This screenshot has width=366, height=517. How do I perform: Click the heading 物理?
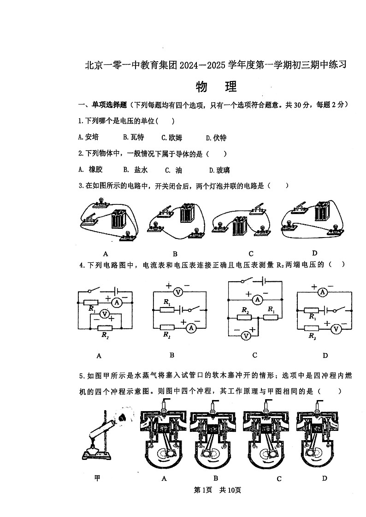tap(216, 87)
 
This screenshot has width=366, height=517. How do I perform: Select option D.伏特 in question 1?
tap(216, 137)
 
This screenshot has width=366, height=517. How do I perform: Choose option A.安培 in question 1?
tap(88, 137)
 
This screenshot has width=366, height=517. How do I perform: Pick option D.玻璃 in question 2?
tap(219, 170)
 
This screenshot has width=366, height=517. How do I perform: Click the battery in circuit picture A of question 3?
tap(119, 219)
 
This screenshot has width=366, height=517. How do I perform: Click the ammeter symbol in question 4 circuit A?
tap(117, 302)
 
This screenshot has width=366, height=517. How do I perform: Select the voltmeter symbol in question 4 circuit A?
tap(105, 314)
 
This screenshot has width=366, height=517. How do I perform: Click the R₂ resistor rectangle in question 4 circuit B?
tap(166, 326)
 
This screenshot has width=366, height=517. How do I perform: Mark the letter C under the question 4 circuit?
tap(254, 355)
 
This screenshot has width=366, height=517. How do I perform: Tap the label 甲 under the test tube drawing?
tap(97, 478)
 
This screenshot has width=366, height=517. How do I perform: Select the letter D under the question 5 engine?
tap(325, 478)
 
